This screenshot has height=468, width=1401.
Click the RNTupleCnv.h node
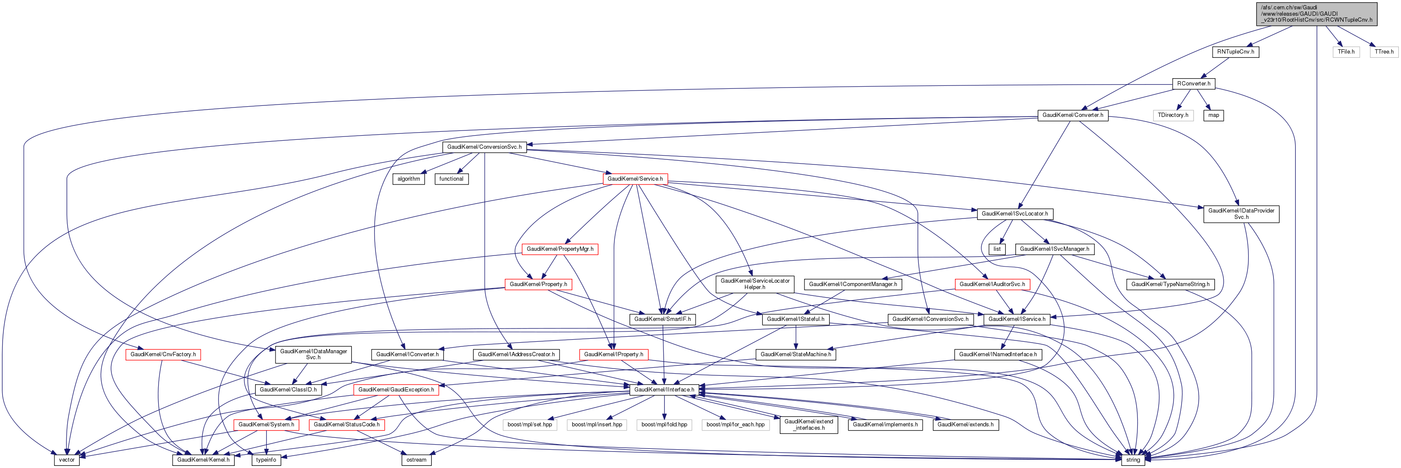[x=1235, y=51]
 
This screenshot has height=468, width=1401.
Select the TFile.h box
[x=1346, y=51]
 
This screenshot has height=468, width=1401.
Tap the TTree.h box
[x=1384, y=51]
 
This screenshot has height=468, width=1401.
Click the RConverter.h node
[x=1193, y=84]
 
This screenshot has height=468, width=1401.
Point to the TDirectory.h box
[x=1173, y=115]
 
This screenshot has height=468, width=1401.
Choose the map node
[x=1213, y=115]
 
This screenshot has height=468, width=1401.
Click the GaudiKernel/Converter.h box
[x=1072, y=115]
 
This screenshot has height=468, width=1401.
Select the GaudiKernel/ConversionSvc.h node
[x=483, y=147]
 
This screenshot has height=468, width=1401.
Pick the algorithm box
[x=409, y=179]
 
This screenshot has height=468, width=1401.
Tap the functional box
[x=451, y=179]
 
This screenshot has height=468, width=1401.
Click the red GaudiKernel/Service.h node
[x=635, y=179]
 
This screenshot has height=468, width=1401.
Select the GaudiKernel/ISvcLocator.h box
[x=1015, y=214]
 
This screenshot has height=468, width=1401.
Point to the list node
[x=996, y=249]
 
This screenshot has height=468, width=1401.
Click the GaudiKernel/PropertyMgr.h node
[x=560, y=249]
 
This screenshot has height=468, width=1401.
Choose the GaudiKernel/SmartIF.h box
[x=662, y=319]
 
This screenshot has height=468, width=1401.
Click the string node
[x=1132, y=460]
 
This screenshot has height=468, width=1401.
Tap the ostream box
[x=416, y=460]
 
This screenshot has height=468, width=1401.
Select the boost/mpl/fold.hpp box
[x=664, y=425]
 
